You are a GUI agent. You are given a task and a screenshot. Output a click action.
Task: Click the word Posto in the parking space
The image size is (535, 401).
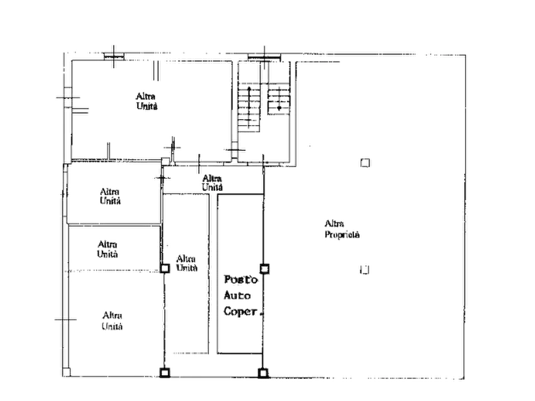coord(241,280)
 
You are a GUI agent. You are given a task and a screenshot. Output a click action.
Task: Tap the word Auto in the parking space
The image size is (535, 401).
coord(237,295)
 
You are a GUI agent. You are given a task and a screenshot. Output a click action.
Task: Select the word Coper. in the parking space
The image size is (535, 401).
coord(243,311)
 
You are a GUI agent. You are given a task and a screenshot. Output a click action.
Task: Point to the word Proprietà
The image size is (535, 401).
coord(342,235)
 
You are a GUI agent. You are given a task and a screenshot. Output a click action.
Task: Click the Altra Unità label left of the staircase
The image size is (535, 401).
coord(147,101)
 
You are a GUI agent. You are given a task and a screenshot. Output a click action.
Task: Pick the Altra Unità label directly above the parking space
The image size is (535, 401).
coord(212,183)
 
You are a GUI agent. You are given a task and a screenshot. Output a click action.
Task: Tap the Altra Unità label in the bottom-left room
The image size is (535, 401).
coord(112,321)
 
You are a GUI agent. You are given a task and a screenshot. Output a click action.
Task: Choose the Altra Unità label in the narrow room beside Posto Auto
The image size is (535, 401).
coord(187,263)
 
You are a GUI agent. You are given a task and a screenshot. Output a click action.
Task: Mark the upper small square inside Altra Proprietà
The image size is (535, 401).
coord(365,163)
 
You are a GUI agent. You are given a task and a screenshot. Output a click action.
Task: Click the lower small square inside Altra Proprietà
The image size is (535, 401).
coord(365,270)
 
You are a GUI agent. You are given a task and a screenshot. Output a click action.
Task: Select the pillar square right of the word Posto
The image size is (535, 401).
coord(264,269)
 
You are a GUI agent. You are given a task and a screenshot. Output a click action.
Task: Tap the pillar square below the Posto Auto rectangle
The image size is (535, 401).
coord(263,373)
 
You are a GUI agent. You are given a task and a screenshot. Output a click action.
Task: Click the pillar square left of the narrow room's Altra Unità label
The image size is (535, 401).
coord(165,268)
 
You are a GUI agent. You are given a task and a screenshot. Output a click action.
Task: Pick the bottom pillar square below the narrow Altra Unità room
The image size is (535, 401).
coord(165,372)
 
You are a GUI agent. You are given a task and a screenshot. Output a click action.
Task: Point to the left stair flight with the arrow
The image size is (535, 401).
coord(249,108)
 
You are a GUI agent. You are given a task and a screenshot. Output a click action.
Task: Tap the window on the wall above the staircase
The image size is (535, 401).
coord(264,57)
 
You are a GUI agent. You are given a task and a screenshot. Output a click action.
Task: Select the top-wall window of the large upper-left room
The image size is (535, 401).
coord(114,56)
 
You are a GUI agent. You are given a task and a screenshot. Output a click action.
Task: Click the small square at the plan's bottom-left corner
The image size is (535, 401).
coord(67,372)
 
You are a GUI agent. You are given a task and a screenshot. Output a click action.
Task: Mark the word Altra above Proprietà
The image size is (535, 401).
coord(334,224)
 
